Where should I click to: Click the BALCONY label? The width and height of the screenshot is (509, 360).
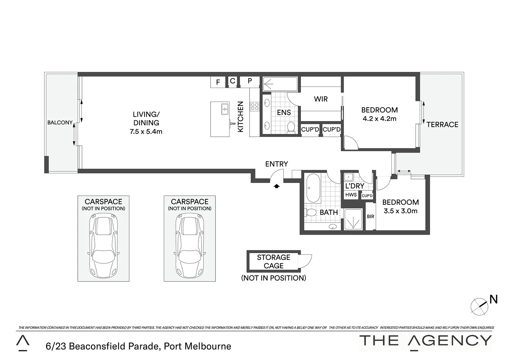[60, 123]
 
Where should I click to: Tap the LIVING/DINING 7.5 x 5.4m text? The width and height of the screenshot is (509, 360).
[146, 123]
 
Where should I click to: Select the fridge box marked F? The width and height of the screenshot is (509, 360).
[218, 82]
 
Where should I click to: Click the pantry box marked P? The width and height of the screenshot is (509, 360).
[250, 81]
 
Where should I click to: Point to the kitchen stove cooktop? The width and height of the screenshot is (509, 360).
[255, 107]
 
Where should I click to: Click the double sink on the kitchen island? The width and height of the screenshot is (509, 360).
[225, 109]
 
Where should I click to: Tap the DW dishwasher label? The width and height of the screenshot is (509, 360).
[233, 124]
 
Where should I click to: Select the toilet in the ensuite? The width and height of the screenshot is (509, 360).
[291, 127]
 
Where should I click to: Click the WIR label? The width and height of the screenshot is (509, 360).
[321, 99]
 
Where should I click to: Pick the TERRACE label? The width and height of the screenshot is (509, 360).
[442, 125]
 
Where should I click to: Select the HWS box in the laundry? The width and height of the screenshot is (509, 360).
[351, 195]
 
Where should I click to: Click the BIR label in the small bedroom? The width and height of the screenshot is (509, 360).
[370, 217]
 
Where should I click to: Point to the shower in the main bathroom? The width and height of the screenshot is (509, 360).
[352, 220]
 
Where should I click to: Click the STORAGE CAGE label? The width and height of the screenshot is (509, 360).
[273, 262]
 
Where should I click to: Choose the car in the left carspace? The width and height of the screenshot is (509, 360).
[103, 245]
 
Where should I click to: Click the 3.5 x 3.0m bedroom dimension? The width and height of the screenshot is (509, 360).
[400, 211]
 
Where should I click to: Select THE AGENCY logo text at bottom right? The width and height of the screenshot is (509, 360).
[425, 341]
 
